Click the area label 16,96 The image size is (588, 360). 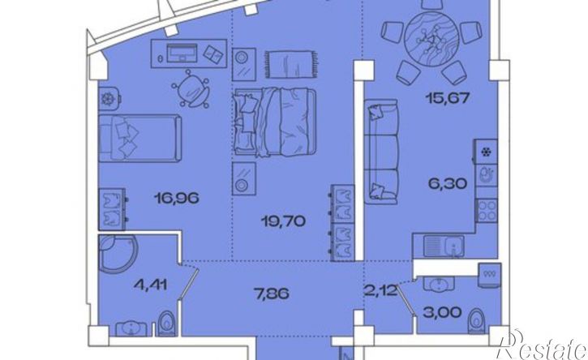pyautogui.click(x=176, y=198)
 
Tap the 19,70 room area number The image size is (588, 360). pyautogui.click(x=284, y=221)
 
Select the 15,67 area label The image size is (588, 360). pyautogui.click(x=448, y=98)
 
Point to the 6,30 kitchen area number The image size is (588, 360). pyautogui.click(x=448, y=184)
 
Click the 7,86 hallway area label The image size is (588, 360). pyautogui.click(x=271, y=294)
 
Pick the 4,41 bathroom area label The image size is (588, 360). pyautogui.click(x=150, y=285)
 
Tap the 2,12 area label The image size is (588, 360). pyautogui.click(x=380, y=290)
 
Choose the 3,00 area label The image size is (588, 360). pyautogui.click(x=442, y=312)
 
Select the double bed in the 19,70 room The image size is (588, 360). pyautogui.click(x=275, y=122)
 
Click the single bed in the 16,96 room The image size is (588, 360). pyautogui.click(x=139, y=139)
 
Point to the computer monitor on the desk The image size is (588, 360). pyautogui.click(x=182, y=53)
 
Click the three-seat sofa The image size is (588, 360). pyautogui.click(x=381, y=152)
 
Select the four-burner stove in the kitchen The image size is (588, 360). pyautogui.click(x=487, y=210)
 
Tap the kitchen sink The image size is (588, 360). pyautogui.click(x=444, y=246)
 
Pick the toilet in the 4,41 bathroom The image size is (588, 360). pyautogui.click(x=166, y=324)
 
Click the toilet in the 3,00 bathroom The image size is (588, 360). pyautogui.click(x=477, y=321)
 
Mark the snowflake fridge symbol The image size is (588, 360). pyautogui.click(x=487, y=152)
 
